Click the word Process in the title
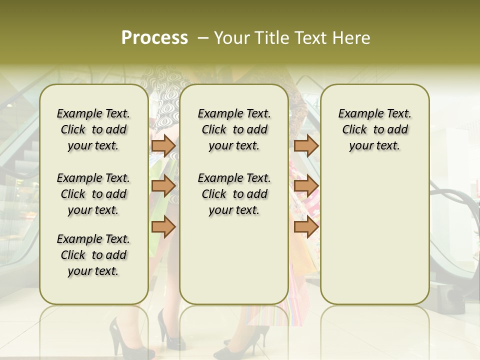pyautogui.click(x=154, y=38)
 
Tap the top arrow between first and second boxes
pyautogui.click(x=163, y=146)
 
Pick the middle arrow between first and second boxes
pyautogui.click(x=163, y=186)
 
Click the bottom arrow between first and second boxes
pyautogui.click(x=163, y=227)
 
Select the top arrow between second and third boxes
pyautogui.click(x=306, y=146)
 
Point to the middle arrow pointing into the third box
pyautogui.click(x=306, y=186)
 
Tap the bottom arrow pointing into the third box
pyautogui.click(x=306, y=227)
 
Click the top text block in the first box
pyautogui.click(x=93, y=129)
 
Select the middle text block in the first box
pyautogui.click(x=93, y=194)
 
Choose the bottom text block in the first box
pyautogui.click(x=93, y=255)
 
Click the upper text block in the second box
pyautogui.click(x=234, y=129)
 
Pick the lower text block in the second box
pyautogui.click(x=234, y=194)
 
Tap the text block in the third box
pyautogui.click(x=374, y=129)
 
